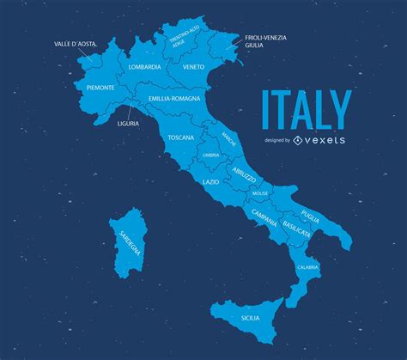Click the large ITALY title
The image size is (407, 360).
(x=306, y=109)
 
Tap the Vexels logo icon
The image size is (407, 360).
(x=297, y=140)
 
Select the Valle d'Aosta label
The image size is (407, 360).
(x=75, y=44)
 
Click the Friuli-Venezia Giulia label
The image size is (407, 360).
(x=265, y=41)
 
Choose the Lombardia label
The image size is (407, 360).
(x=145, y=67)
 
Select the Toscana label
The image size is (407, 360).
(x=180, y=137)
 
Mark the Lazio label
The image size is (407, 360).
(x=210, y=182)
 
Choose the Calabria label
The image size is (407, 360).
(x=308, y=267)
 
